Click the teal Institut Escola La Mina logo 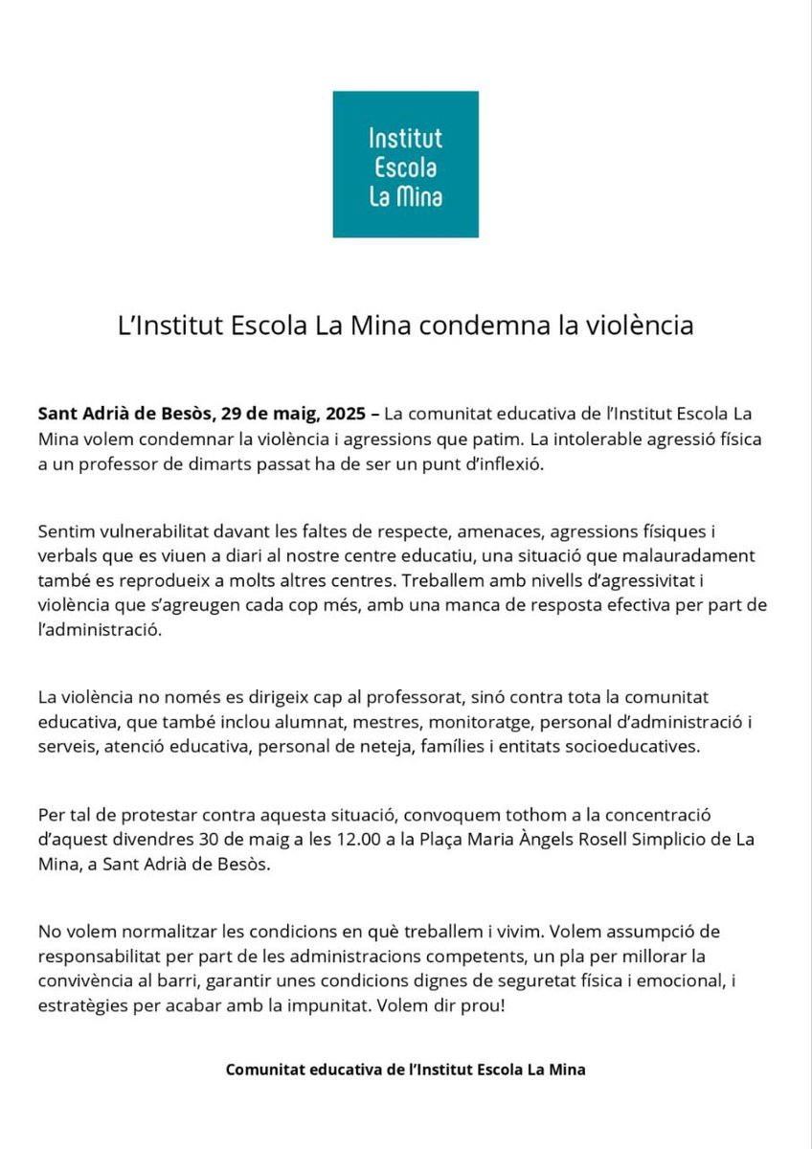click(x=405, y=164)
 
